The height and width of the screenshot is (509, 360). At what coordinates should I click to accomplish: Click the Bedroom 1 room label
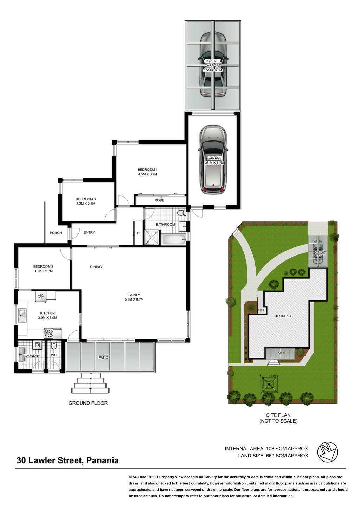click(x=148, y=172)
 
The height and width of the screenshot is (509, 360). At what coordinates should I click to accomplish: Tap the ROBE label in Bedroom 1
click(x=159, y=200)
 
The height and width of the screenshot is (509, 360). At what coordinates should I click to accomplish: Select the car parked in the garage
click(x=213, y=160)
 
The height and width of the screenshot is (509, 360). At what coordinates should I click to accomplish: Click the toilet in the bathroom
click(x=181, y=213)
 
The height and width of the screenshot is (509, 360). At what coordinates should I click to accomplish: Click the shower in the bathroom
click(x=152, y=237)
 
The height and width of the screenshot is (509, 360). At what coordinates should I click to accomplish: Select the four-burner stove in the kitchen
click(x=49, y=333)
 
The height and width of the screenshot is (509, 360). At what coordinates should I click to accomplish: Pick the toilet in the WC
click(x=54, y=346)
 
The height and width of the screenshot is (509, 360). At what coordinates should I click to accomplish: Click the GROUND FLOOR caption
click(x=88, y=403)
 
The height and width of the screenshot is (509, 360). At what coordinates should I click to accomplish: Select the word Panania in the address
click(x=103, y=460)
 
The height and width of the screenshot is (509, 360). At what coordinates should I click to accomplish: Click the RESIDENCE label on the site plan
click(x=284, y=316)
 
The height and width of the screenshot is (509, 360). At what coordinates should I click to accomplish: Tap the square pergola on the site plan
click(x=269, y=384)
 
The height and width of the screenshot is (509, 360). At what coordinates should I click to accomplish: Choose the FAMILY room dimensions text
click(x=134, y=299)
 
